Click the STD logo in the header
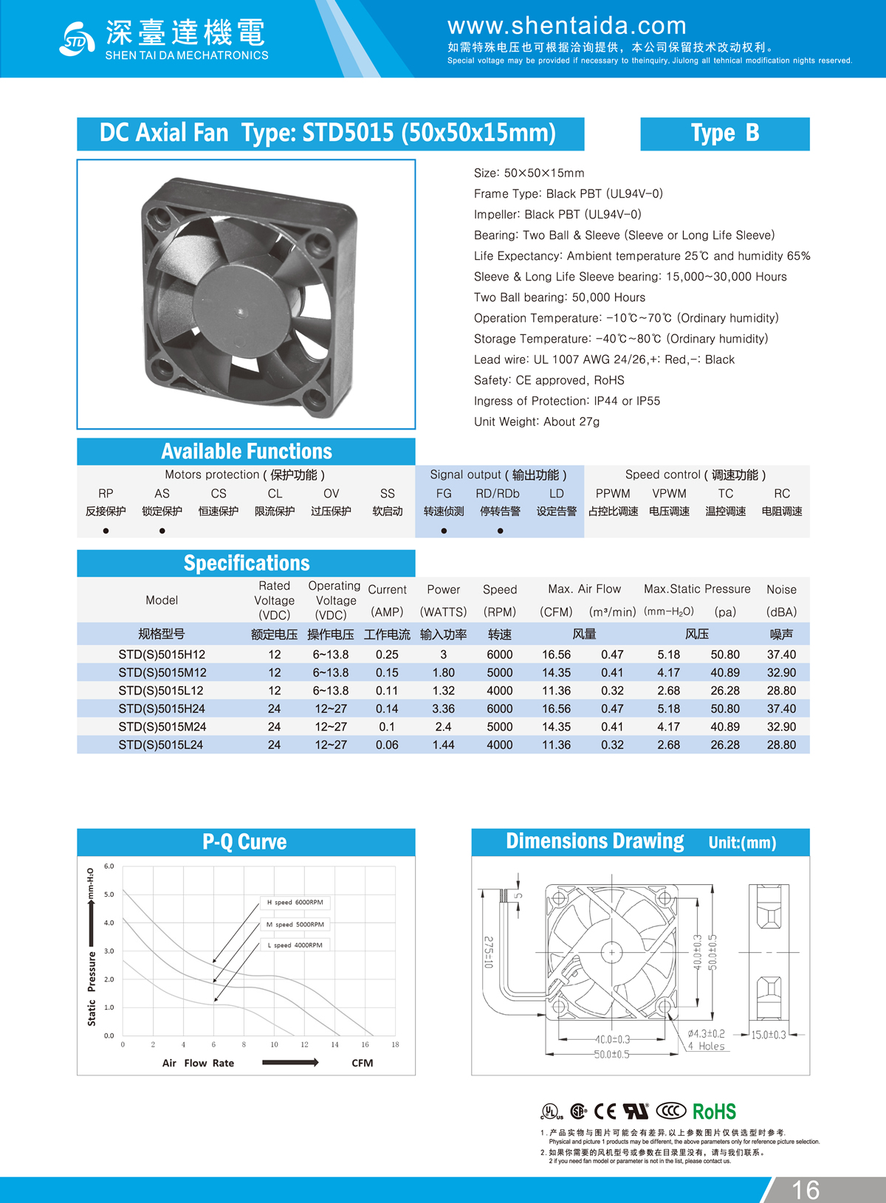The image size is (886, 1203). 76,39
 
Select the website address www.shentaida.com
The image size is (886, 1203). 566,27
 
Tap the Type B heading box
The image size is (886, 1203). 724,134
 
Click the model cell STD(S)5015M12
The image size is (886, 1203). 162,672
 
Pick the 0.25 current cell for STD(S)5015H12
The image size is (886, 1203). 387,655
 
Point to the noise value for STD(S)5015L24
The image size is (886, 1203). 781,745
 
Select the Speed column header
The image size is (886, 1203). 500,590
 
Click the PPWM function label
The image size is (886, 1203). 613,494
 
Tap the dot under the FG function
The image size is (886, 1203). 444,531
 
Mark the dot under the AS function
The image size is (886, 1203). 162,531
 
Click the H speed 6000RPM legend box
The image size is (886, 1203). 295,902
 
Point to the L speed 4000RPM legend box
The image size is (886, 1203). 295,945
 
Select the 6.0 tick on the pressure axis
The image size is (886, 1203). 109,866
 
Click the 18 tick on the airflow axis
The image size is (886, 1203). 395,1044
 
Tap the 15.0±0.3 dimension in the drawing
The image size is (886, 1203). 769,1035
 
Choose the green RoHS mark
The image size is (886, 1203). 714,1111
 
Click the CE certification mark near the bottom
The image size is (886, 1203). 605,1111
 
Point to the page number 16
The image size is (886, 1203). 806,1190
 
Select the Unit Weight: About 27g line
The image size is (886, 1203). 537,422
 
